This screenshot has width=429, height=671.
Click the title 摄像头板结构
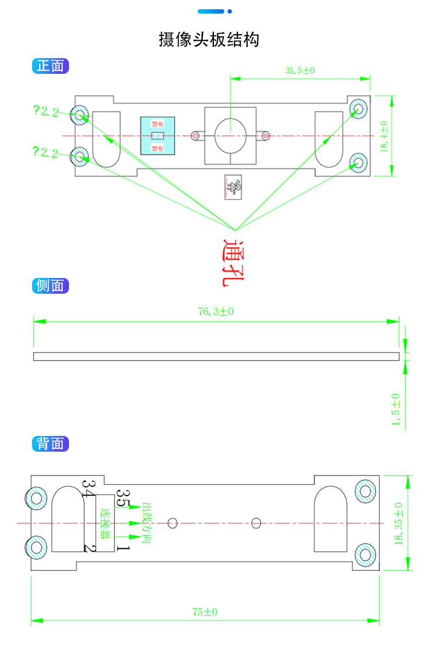coord(209,40)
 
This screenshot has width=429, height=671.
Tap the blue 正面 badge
coord(51,66)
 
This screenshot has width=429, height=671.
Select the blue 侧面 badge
coord(51,286)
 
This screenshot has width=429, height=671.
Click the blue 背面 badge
coord(51,444)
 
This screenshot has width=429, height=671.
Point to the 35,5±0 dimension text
coord(300,71)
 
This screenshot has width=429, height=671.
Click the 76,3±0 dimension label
coord(216,312)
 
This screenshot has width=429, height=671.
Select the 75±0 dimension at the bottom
coord(205,612)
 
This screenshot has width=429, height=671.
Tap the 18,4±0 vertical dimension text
coord(384,137)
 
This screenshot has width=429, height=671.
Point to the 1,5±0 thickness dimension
coord(395,410)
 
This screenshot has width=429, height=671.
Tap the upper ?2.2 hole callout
coord(46,112)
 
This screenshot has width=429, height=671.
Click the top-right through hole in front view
coord(358,109)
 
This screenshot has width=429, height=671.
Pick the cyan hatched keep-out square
coord(157,136)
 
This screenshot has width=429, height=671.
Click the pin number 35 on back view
coord(123,498)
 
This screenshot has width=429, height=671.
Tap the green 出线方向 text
coord(146,523)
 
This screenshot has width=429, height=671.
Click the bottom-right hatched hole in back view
coord(365,554)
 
